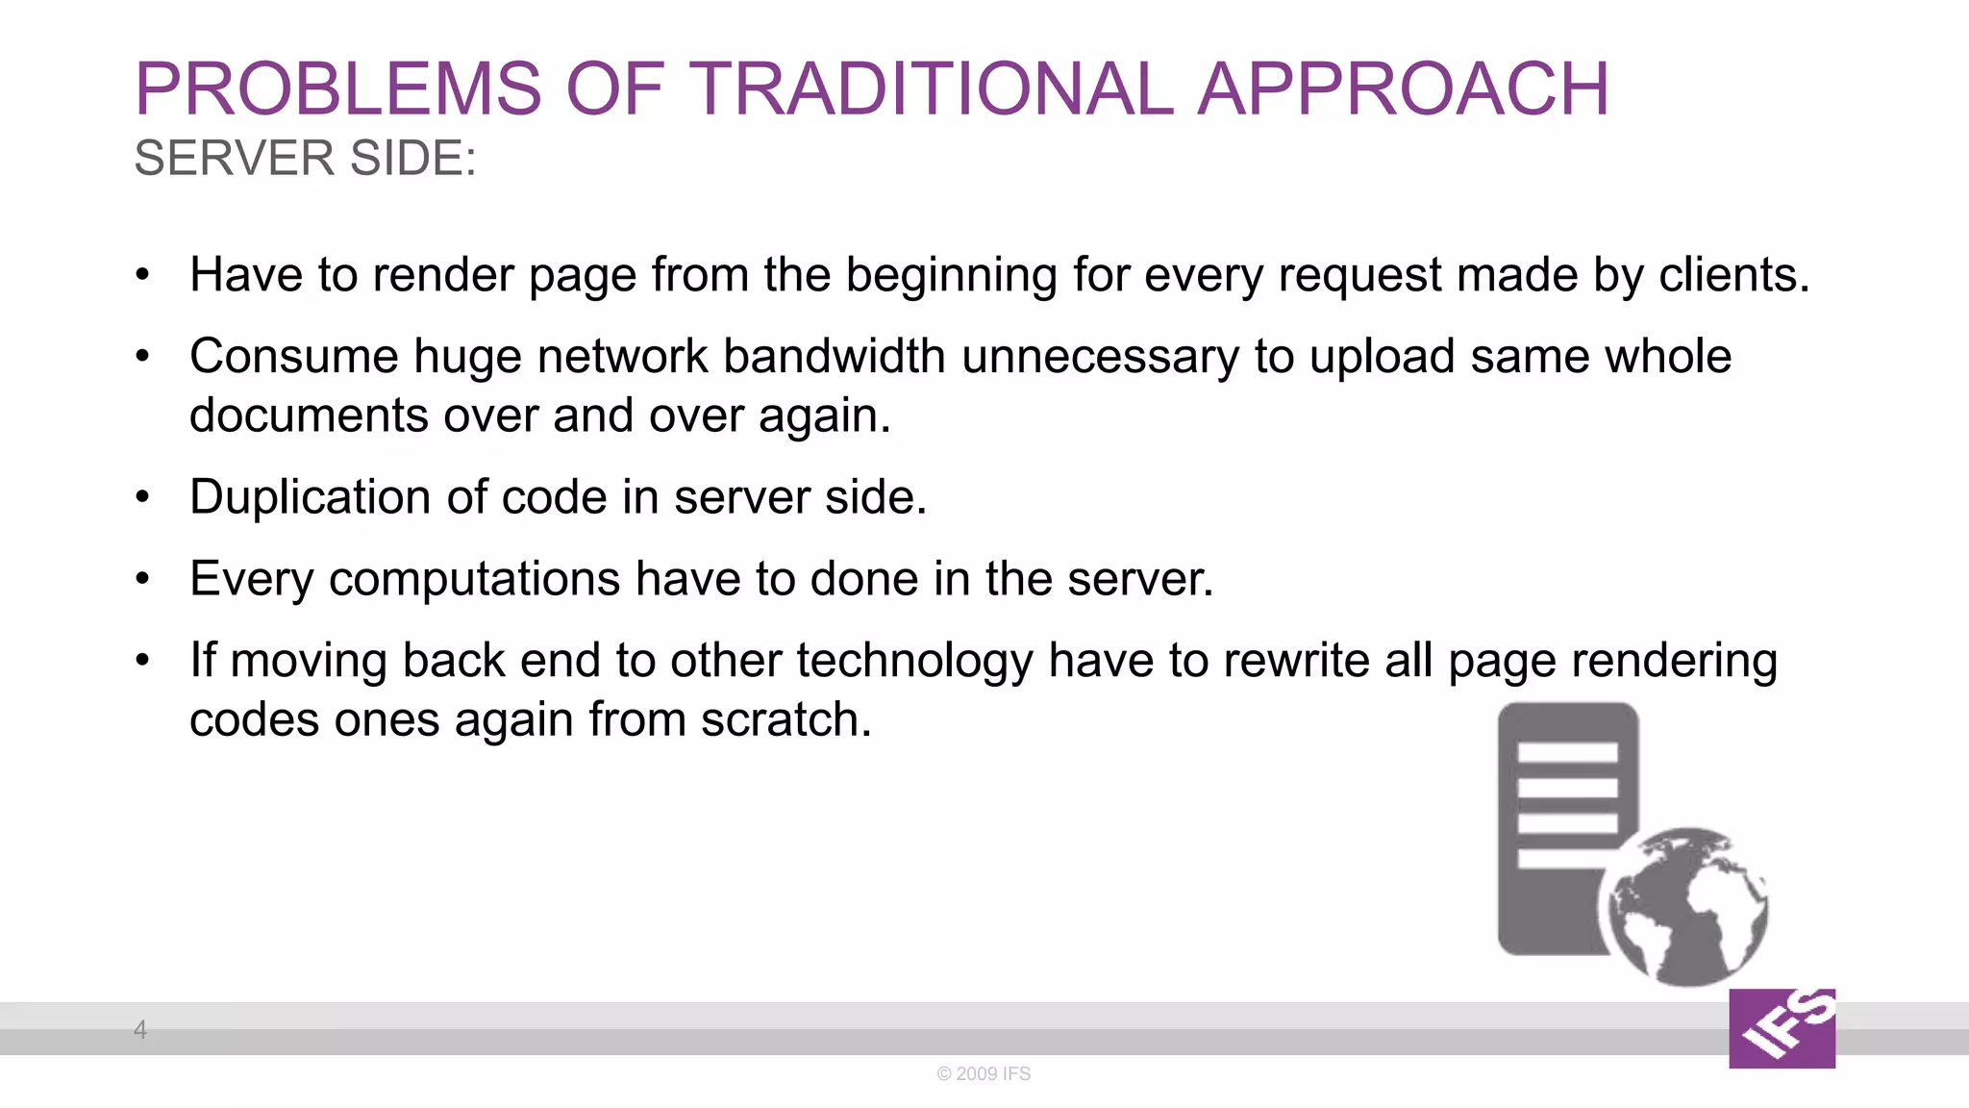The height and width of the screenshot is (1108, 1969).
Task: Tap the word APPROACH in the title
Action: (1403, 89)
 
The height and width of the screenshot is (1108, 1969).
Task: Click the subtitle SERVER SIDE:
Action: (305, 158)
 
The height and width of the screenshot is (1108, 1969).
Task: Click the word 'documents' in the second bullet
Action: (309, 415)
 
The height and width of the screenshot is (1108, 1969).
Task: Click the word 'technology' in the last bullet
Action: (913, 662)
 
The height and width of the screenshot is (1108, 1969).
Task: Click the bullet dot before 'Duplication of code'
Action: (143, 497)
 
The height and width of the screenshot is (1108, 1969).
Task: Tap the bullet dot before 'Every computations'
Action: (143, 579)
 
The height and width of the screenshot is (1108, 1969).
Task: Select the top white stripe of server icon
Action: (1567, 752)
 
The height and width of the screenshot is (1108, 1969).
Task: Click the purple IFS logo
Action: (1782, 1028)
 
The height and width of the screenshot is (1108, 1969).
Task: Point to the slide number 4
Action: (140, 1029)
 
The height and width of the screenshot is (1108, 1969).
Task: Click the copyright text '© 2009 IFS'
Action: (984, 1073)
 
